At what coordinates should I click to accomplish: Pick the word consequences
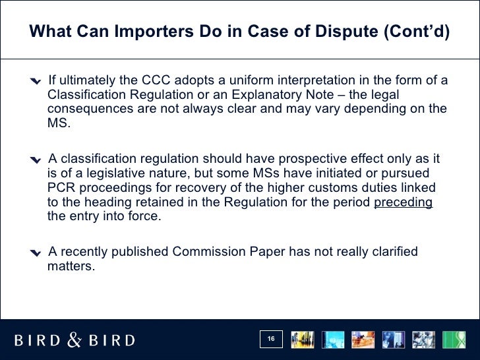click(90, 109)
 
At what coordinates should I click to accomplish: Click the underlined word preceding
click(403, 202)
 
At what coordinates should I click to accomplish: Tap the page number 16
click(271, 340)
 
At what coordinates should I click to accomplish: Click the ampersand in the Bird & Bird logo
click(75, 340)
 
